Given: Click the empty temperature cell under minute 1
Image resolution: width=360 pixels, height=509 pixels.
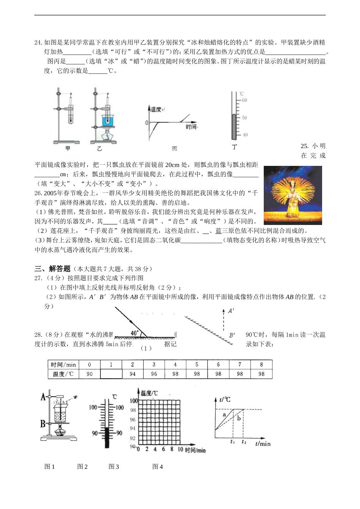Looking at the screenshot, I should pyautogui.click(x=111, y=374).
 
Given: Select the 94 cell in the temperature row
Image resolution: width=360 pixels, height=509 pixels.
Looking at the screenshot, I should pyautogui.click(x=133, y=374).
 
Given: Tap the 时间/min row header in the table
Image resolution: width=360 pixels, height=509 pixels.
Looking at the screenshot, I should pyautogui.click(x=63, y=365).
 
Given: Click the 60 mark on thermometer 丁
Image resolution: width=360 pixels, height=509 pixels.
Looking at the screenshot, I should pyautogui.click(x=244, y=100).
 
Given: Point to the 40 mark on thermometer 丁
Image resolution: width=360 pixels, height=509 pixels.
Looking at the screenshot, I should pyautogui.click(x=245, y=135).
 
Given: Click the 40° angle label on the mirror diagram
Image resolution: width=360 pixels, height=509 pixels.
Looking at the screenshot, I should pyautogui.click(x=135, y=333).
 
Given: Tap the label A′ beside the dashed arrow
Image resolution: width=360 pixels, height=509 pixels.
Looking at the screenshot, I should pyautogui.click(x=231, y=311).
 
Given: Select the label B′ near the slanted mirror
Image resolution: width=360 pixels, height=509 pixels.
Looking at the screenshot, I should pyautogui.click(x=232, y=335).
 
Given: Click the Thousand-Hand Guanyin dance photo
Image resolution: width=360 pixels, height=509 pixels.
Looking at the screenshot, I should pyautogui.click(x=293, y=195).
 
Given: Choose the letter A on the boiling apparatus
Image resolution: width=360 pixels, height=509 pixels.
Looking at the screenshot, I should pyautogui.click(x=43, y=397).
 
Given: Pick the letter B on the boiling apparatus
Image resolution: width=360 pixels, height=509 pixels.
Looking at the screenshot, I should pyautogui.click(x=43, y=423).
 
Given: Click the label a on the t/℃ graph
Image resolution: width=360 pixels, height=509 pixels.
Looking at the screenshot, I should pyautogui.click(x=224, y=415).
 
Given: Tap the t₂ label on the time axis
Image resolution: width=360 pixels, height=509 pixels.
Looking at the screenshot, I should pyautogui.click(x=243, y=442).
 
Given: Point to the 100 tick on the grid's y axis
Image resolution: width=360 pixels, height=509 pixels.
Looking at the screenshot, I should pyautogui.click(x=133, y=401).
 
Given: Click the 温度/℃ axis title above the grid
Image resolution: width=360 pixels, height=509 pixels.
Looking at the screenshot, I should pyautogui.click(x=149, y=393).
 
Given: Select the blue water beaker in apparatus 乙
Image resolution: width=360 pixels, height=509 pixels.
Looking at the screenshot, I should pyautogui.click(x=108, y=120).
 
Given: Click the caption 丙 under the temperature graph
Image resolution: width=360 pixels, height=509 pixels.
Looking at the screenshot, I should pyautogui.click(x=174, y=149).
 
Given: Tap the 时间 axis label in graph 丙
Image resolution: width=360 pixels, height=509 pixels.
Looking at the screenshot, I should pyautogui.click(x=191, y=127).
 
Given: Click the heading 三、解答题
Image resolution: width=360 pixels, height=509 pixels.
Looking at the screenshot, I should pyautogui.click(x=53, y=269).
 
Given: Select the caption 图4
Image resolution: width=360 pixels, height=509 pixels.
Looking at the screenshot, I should pyautogui.click(x=158, y=467).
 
